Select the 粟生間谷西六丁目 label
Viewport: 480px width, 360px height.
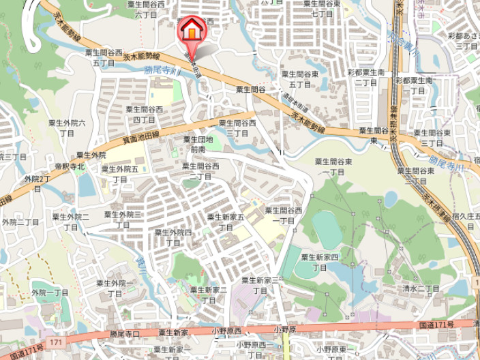pos(146,9)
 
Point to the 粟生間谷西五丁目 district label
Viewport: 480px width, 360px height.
pos(104,57)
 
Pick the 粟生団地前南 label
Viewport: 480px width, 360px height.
pos(198,144)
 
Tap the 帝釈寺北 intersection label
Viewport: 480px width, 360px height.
pos(70,166)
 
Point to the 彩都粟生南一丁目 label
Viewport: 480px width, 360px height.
pos(412,85)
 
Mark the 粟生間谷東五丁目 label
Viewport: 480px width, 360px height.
pos(300,79)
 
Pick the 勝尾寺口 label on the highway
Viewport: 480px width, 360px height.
pos(125,333)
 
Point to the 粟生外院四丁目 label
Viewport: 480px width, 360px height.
pos(173,237)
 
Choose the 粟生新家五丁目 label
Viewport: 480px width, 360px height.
pos(226,222)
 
